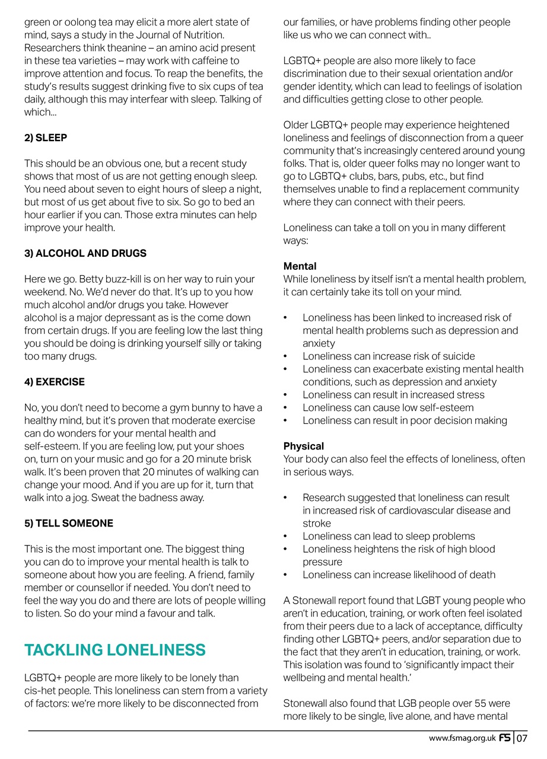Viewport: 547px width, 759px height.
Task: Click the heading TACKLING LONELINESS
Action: [115, 650]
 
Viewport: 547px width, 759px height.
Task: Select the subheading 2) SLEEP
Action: [46, 138]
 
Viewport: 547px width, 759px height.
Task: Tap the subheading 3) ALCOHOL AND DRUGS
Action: [85, 253]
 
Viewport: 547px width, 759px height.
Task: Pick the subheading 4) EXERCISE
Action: [55, 382]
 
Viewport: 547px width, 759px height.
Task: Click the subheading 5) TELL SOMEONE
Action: [68, 524]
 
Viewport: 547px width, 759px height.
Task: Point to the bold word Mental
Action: [300, 266]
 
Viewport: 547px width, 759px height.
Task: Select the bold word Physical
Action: [304, 446]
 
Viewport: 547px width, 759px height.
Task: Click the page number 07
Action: [521, 738]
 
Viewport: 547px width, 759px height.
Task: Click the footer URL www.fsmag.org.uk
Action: [462, 739]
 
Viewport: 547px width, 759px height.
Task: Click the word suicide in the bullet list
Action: [457, 356]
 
